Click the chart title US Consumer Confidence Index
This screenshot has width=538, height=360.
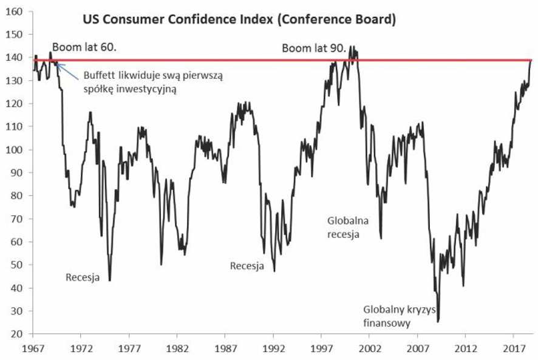(x=239, y=20)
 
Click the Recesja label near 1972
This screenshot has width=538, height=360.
(x=83, y=278)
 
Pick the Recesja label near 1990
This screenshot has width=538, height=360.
(x=247, y=266)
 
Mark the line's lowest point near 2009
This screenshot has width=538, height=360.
(x=438, y=321)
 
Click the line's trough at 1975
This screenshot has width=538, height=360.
(x=110, y=280)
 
